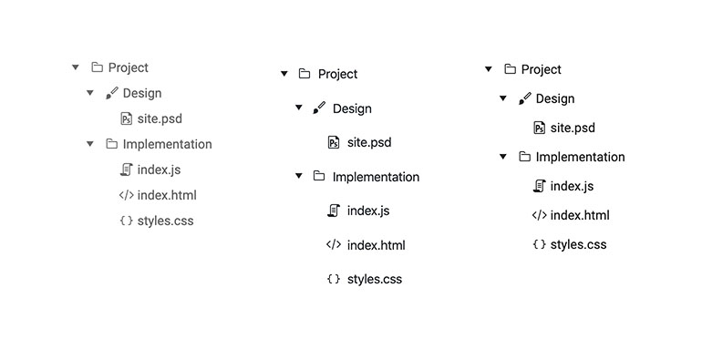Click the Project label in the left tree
click(128, 67)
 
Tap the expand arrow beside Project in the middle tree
click(284, 74)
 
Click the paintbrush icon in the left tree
click(111, 93)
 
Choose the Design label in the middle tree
click(352, 108)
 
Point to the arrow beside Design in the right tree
click(503, 98)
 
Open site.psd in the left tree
click(159, 118)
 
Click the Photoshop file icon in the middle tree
click(334, 142)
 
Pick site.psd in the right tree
click(573, 128)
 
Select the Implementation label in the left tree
click(167, 144)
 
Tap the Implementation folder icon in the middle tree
click(319, 177)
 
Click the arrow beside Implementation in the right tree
click(503, 157)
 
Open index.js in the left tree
click(159, 170)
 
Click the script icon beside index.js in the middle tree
click(334, 211)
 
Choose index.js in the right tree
click(572, 186)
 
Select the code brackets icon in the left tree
click(126, 195)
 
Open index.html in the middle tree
click(376, 245)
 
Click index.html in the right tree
click(580, 215)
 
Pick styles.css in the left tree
click(165, 221)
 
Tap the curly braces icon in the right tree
click(539, 244)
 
